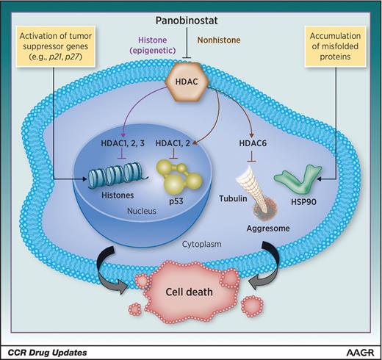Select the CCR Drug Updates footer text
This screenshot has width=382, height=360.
(46, 352)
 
